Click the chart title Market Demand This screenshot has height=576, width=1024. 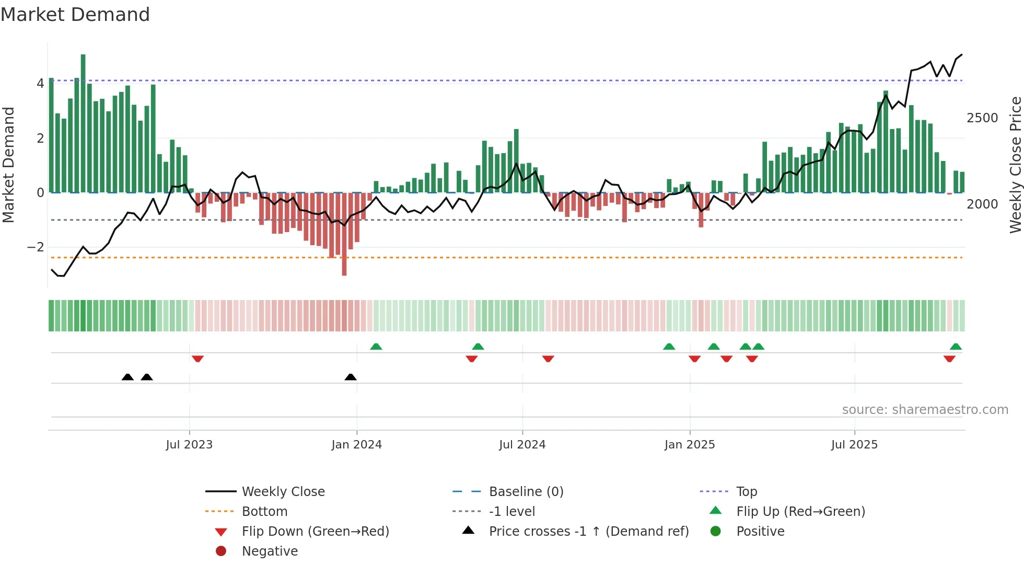click(75, 15)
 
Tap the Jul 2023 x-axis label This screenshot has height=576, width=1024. click(189, 445)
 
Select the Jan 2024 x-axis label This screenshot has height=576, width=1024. click(356, 445)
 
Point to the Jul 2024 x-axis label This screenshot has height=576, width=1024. click(522, 445)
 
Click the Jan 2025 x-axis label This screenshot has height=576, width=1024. click(690, 445)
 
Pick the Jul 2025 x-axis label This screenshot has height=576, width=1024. click(854, 445)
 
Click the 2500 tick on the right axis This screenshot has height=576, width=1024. click(982, 118)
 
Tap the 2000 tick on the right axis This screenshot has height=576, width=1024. click(982, 204)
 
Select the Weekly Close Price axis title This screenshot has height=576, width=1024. click(1015, 165)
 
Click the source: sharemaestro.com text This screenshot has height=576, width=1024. click(925, 410)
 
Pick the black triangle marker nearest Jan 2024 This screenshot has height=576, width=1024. click(351, 377)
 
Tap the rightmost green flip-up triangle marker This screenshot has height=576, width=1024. click(956, 347)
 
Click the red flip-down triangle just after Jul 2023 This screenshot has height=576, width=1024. click(197, 359)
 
